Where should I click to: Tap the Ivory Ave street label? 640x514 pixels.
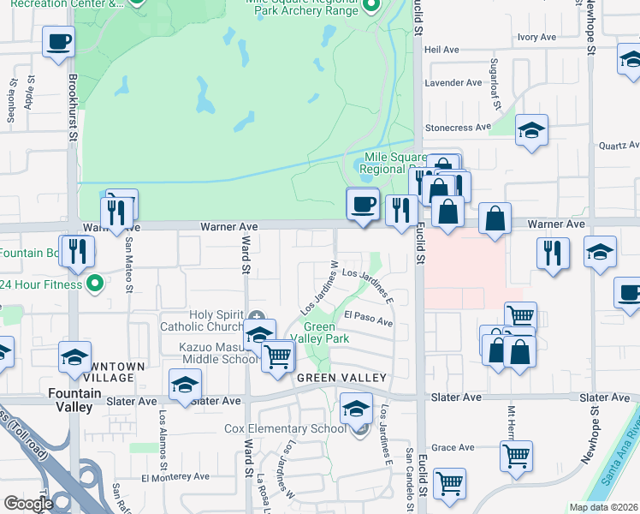click(536, 38)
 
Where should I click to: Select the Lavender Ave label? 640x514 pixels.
click(454, 83)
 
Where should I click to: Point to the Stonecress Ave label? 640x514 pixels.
click(459, 128)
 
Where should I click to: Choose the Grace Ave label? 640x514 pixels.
click(453, 447)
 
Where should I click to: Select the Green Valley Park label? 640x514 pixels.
click(327, 332)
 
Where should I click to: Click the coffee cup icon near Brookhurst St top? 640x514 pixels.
click(58, 42)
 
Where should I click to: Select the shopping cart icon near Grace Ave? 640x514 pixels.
click(516, 456)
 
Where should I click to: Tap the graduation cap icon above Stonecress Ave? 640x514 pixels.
click(531, 130)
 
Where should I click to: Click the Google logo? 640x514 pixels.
click(28, 504)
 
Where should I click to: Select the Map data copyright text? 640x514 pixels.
click(603, 507)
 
